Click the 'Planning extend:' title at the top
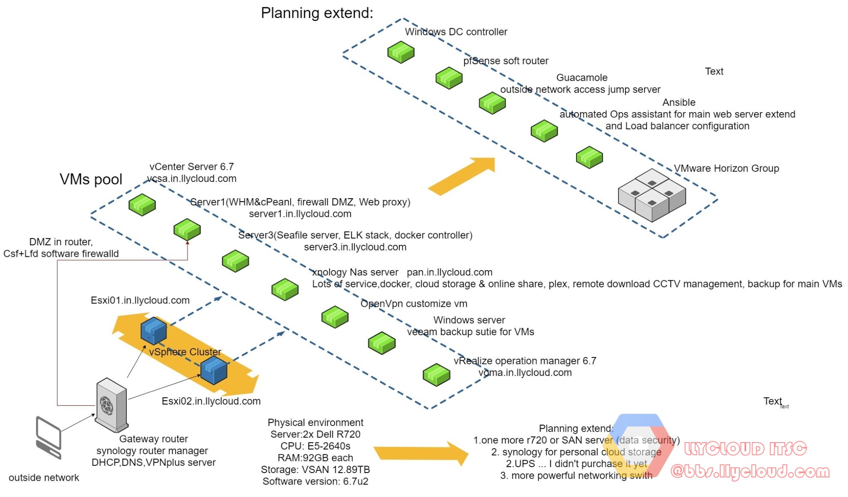317,13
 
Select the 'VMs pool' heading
91,179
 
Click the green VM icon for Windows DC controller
401,52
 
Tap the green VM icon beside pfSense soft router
449,78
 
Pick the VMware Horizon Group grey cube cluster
652,195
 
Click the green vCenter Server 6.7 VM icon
142,205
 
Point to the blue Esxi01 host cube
153,330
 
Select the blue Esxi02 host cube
214,371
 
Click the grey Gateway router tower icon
111,405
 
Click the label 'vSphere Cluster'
185,352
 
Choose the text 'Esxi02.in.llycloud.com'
211,401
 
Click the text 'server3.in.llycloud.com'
355,247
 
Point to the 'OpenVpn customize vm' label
414,304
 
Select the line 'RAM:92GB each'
315,458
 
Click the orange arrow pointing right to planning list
421,453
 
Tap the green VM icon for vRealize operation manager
436,375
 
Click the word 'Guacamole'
582,77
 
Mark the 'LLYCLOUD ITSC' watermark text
745,449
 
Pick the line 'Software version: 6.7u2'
315,481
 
